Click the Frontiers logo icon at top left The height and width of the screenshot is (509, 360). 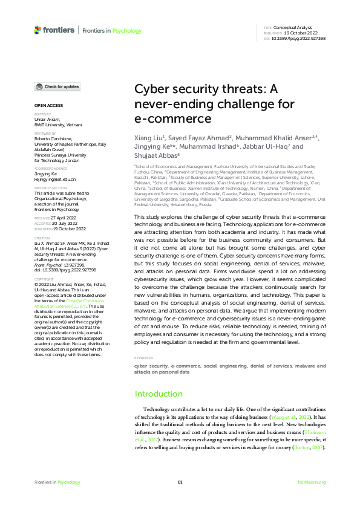pos(38,30)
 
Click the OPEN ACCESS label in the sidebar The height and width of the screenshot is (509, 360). pos(48,105)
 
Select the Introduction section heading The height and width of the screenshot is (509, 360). pos(159,394)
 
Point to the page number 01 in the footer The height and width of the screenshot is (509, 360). pos(180,482)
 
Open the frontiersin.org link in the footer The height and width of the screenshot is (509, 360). pos(312,482)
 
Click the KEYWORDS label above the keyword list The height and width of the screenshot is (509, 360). pos(143,358)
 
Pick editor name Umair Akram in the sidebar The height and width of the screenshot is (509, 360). pos(47,121)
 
